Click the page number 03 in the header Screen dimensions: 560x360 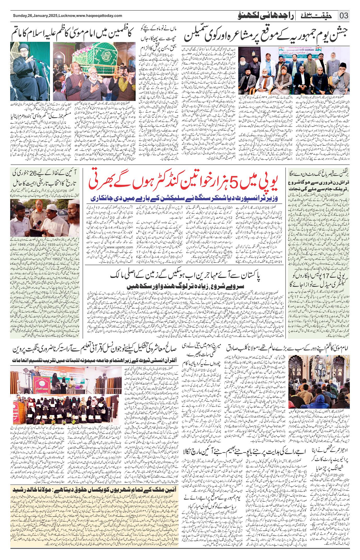tap(344, 16)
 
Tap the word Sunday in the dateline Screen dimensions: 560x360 tap(20, 16)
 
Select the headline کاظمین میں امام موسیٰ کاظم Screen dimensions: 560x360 tap(72, 34)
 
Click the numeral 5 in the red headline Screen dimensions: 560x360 tap(236, 183)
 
